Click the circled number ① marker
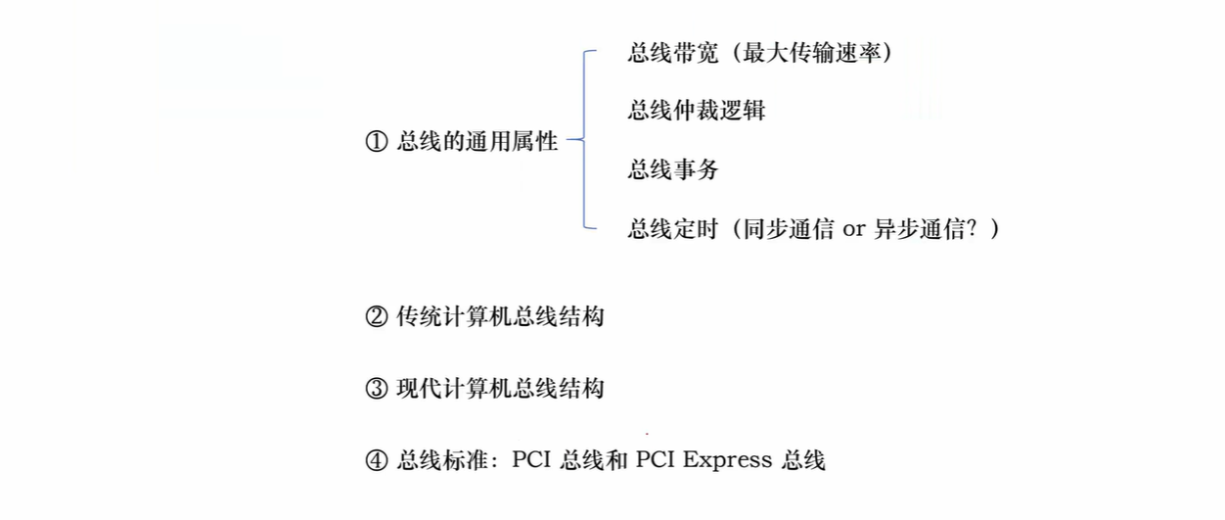pos(377,142)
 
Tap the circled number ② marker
pos(377,317)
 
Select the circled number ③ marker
pos(377,389)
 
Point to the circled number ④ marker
pos(377,460)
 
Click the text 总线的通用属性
pos(477,142)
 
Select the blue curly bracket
pos(584,140)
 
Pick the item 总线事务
pos(673,170)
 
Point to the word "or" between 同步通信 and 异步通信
pos(854,231)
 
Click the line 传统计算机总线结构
pos(500,317)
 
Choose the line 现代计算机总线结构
pos(500,389)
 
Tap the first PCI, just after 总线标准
pos(532,460)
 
